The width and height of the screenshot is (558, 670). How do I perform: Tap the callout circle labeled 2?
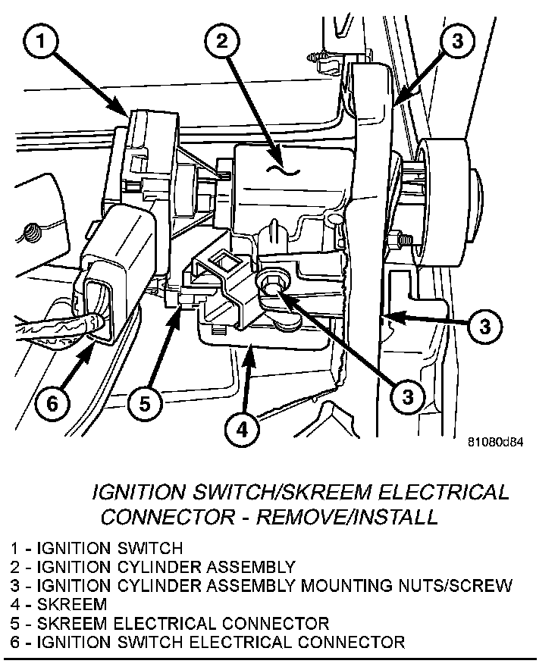(221, 42)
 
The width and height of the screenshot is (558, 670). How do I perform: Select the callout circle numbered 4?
(241, 429)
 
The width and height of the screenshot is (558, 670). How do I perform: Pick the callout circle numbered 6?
(52, 403)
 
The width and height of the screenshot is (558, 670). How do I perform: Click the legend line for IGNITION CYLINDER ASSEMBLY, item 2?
(152, 566)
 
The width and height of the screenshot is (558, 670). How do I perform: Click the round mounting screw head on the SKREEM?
(271, 284)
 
